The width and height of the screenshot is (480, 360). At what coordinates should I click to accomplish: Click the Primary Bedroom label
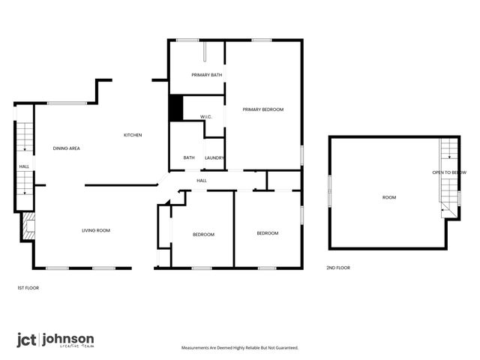click(x=262, y=109)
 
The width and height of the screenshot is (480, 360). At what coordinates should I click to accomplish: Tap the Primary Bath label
click(x=206, y=75)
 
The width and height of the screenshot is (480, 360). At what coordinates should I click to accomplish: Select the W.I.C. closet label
click(x=207, y=117)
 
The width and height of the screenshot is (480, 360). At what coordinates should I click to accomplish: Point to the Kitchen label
click(x=133, y=135)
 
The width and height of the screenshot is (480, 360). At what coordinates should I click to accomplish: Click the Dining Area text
click(x=66, y=148)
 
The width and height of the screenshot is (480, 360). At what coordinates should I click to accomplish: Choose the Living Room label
click(x=96, y=230)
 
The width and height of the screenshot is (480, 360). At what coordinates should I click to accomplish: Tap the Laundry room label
click(x=215, y=157)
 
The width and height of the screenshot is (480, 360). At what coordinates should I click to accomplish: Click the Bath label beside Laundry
click(x=189, y=157)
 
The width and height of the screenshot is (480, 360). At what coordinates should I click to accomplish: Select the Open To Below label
click(x=444, y=173)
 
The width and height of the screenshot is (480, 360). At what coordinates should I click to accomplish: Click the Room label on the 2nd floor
click(x=388, y=197)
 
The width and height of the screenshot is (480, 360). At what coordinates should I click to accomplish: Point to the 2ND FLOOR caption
click(x=337, y=268)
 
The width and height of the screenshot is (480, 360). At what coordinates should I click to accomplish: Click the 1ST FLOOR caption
click(x=28, y=288)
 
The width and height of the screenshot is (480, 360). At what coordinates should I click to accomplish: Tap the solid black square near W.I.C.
click(x=176, y=108)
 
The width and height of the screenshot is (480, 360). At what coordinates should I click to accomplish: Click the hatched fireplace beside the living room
click(x=28, y=225)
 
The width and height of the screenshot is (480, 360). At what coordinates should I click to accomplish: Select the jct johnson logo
click(x=55, y=340)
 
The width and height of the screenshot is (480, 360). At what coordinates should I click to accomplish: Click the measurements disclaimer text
click(x=240, y=348)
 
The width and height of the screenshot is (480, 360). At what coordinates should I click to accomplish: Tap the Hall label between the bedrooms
click(x=202, y=181)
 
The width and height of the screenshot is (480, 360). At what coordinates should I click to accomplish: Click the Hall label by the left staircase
click(x=24, y=166)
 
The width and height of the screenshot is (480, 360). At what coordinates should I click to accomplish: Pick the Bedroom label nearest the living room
click(x=203, y=235)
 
